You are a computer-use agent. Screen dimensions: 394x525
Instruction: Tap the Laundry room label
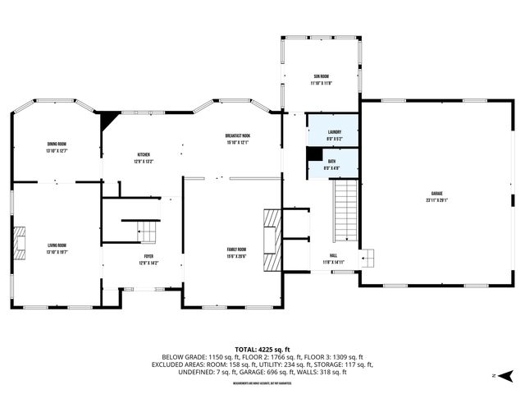click(x=334, y=131)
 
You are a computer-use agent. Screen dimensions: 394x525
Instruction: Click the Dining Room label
click(x=57, y=144)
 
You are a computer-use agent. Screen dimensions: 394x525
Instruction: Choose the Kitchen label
click(x=144, y=154)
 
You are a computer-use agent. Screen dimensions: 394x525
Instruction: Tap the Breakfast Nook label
click(x=238, y=135)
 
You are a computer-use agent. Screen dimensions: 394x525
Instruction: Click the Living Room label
click(x=57, y=245)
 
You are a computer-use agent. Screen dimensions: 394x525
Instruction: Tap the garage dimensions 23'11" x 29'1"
click(x=436, y=200)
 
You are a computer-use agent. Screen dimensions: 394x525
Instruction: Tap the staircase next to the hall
click(x=345, y=209)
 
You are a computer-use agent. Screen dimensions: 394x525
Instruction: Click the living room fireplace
click(x=18, y=243)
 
